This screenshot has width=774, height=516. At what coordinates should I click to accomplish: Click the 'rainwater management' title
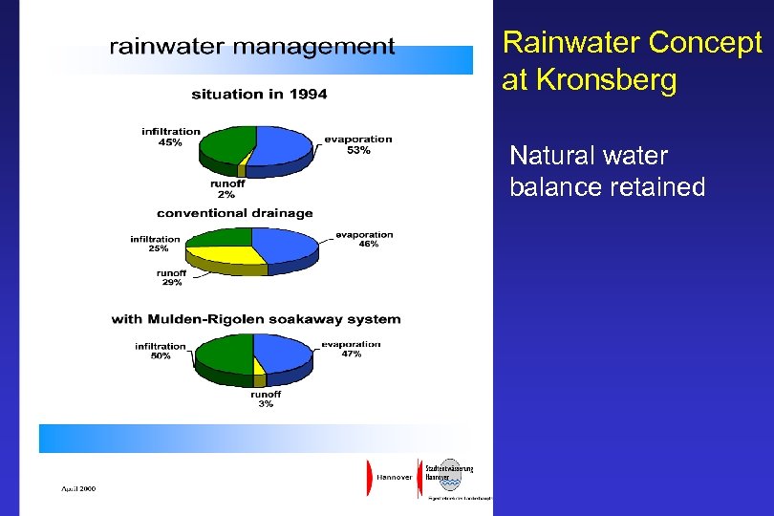click(251, 47)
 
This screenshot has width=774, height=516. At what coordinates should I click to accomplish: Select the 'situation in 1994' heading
click(259, 94)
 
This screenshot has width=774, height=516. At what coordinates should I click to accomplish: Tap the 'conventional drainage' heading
click(234, 212)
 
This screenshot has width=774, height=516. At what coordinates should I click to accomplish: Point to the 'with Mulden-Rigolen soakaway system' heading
click(256, 319)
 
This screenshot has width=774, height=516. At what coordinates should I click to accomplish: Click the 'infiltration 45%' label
click(171, 137)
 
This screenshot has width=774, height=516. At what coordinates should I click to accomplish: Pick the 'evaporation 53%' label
click(357, 144)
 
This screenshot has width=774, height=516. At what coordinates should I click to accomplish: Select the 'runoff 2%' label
click(226, 189)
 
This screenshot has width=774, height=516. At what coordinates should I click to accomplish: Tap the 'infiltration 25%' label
click(155, 244)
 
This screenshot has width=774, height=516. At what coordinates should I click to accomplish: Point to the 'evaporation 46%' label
click(364, 239)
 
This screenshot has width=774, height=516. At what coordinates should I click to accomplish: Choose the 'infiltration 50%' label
click(160, 351)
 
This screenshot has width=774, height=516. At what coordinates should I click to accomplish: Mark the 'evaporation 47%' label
click(351, 349)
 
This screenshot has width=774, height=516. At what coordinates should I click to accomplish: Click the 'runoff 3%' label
click(265, 398)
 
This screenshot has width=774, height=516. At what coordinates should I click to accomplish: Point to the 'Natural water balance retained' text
click(607, 171)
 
